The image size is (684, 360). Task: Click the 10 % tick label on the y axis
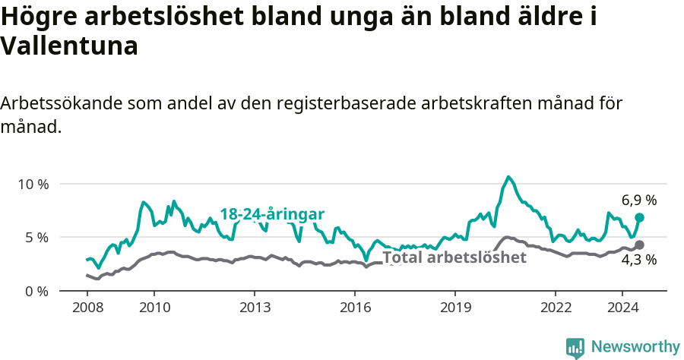pos(33,184)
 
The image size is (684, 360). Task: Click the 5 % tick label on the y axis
pos(36,237)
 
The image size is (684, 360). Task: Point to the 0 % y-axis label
pos(36,291)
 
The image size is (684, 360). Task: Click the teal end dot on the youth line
pos(640,217)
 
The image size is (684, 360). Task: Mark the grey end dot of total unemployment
pos(640,245)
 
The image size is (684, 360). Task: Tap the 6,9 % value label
pos(638,201)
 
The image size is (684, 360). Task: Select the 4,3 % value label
pos(638,260)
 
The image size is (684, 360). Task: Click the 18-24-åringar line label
pos(272,213)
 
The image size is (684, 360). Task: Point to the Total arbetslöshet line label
pos(454,257)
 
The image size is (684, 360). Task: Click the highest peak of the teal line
pos(509,177)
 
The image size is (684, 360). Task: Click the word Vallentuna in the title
pos(69,46)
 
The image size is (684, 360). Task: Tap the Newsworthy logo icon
pos(575,348)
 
